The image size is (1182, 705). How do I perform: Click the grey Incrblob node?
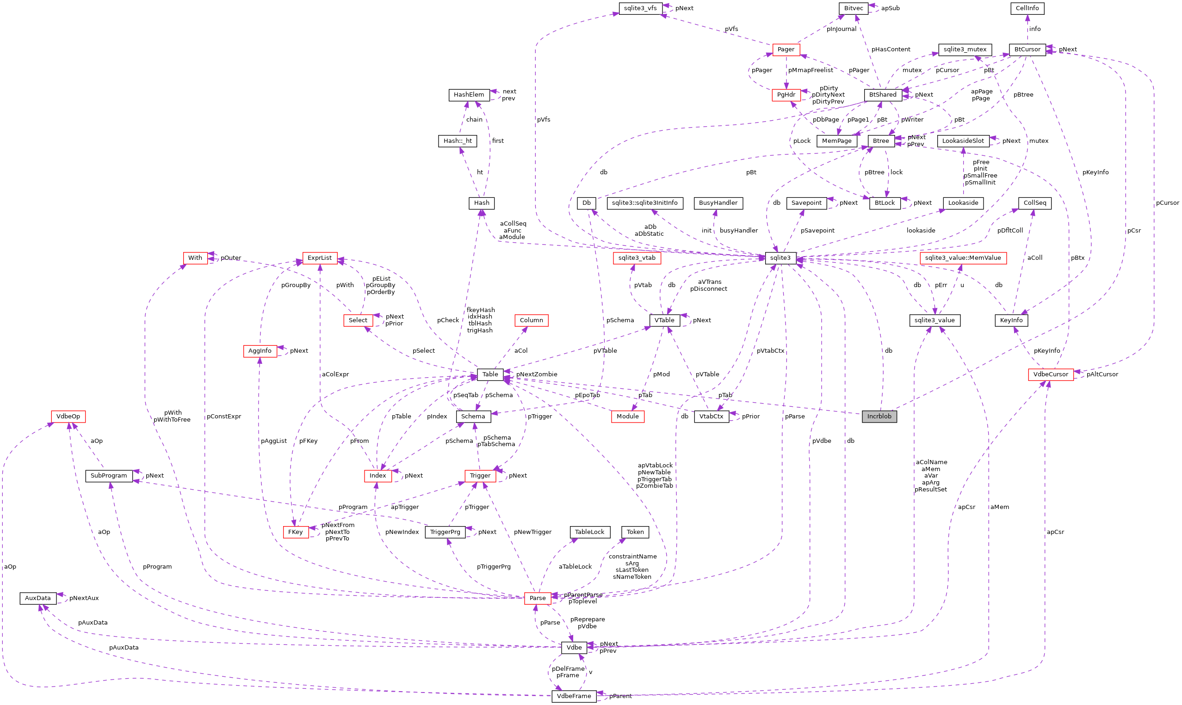pyautogui.click(x=879, y=417)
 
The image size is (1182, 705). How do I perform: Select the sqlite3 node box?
pyautogui.click(x=780, y=258)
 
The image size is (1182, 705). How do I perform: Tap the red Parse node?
pyautogui.click(x=537, y=598)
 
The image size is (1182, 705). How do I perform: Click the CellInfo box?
pyautogui.click(x=1027, y=8)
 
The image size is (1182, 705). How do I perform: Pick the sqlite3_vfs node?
pyautogui.click(x=640, y=8)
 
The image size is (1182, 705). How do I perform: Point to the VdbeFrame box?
pyautogui.click(x=573, y=696)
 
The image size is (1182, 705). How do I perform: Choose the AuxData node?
pyautogui.click(x=37, y=598)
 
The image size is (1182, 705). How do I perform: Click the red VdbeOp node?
pyautogui.click(x=68, y=417)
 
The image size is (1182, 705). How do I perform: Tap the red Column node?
pyautogui.click(x=531, y=320)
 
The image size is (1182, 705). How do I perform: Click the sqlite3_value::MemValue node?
pyautogui.click(x=962, y=258)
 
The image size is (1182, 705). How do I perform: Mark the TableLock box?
pyautogui.click(x=589, y=532)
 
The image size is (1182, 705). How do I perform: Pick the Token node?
pyautogui.click(x=635, y=532)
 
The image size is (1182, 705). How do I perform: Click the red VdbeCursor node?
pyautogui.click(x=1050, y=374)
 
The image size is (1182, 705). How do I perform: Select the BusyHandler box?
pyautogui.click(x=718, y=203)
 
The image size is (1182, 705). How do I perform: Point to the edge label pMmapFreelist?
pyautogui.click(x=810, y=70)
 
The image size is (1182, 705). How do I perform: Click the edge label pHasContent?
pyautogui.click(x=890, y=49)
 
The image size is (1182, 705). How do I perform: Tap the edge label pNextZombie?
pyautogui.click(x=536, y=374)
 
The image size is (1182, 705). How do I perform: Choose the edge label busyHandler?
pyautogui.click(x=738, y=230)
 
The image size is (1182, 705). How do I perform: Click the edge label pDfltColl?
pyautogui.click(x=1009, y=230)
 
